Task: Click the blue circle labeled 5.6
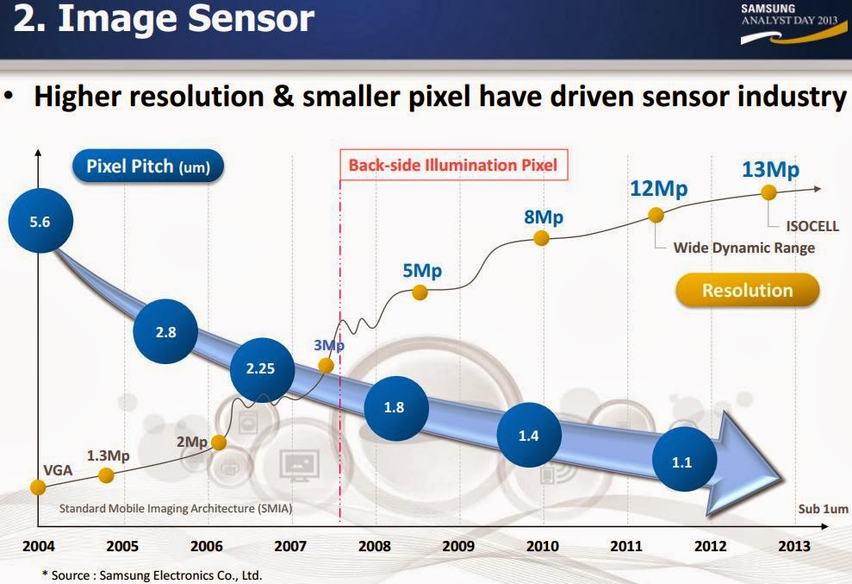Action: click(40, 222)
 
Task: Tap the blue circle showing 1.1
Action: click(682, 462)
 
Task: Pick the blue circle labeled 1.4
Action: click(529, 436)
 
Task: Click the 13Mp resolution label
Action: click(770, 169)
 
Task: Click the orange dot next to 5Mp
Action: click(420, 292)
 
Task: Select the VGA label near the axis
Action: click(57, 471)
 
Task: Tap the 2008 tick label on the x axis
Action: click(375, 546)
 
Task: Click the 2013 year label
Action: click(793, 546)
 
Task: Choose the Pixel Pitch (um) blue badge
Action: click(148, 166)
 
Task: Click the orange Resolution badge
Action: click(747, 290)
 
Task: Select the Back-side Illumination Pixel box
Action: click(452, 164)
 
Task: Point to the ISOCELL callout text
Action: click(812, 227)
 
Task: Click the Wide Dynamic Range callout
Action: click(743, 248)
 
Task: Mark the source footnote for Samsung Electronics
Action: click(152, 574)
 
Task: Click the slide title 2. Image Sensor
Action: click(164, 19)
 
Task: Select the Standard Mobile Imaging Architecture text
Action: click(175, 509)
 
